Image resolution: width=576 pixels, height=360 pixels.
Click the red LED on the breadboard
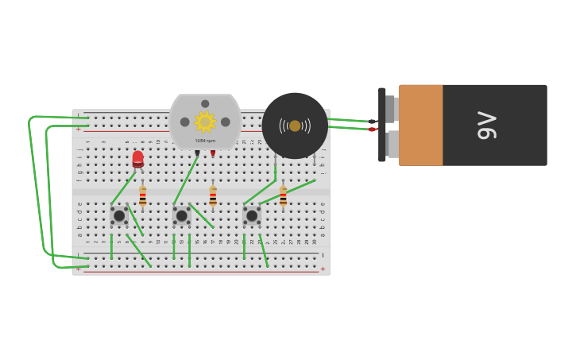137,159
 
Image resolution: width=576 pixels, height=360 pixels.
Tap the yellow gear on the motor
205,122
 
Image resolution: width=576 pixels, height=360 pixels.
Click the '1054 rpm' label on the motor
205,141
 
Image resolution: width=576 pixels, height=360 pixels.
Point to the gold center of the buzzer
295,126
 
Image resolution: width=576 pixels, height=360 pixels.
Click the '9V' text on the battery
486,126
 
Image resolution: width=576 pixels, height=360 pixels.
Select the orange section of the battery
420,126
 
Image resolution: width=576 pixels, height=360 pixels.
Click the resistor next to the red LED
143,196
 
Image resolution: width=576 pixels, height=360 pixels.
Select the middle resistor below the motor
213,196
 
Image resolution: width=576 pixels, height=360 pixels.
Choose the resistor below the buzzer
283,196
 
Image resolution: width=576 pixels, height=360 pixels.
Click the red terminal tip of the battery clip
372,130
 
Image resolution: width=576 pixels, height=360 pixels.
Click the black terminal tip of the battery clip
372,122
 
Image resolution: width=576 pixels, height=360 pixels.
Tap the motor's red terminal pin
213,153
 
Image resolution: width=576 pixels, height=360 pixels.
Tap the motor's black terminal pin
197,153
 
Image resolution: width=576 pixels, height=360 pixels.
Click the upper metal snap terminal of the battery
390,108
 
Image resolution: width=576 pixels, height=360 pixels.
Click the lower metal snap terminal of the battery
392,144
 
